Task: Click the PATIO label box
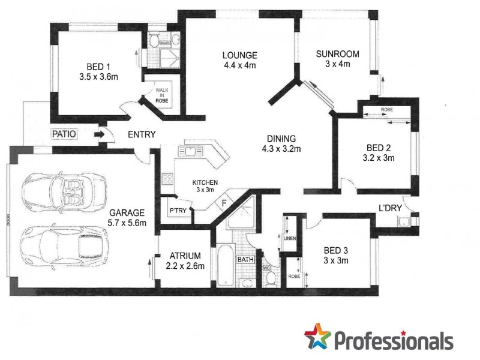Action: tap(64, 134)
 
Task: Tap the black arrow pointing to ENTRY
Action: tap(98, 135)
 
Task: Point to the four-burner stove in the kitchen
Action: tap(167, 179)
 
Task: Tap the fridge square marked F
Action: tap(224, 202)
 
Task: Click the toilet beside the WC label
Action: tap(271, 278)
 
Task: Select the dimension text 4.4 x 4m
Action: tap(239, 65)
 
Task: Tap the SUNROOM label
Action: tap(338, 54)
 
